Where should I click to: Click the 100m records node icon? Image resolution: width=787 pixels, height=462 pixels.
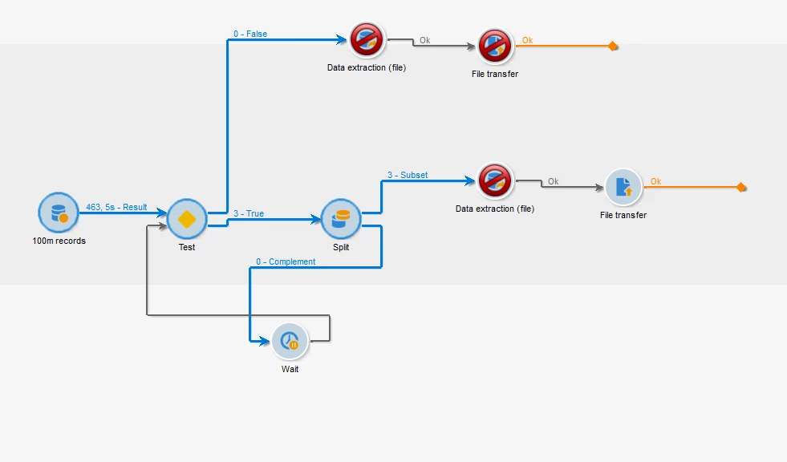59,213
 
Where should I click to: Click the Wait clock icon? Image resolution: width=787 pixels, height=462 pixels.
290,342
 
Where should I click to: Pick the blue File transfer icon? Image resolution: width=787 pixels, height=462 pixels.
623,188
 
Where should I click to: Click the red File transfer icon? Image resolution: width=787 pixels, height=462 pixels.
495,47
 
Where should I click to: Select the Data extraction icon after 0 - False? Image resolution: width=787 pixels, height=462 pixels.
367,40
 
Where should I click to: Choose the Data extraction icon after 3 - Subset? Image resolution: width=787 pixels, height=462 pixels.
495,181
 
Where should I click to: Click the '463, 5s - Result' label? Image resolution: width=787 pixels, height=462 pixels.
116,207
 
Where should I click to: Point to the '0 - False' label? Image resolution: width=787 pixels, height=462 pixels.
250,34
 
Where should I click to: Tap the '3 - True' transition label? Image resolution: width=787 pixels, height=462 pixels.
249,214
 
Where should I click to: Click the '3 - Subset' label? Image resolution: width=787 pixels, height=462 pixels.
408,175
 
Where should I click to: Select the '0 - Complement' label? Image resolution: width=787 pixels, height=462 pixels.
286,261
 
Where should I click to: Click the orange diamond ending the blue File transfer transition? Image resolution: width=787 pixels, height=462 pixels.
741,188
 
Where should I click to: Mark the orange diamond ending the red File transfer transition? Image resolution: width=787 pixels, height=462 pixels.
613,47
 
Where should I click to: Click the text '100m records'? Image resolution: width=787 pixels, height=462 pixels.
59,241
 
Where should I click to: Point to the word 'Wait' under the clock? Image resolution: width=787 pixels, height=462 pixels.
290,369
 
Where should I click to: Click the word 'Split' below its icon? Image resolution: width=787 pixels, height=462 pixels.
341,247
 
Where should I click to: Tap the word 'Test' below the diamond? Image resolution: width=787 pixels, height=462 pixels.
187,247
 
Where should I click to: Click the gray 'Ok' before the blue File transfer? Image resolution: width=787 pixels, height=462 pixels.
553,181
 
